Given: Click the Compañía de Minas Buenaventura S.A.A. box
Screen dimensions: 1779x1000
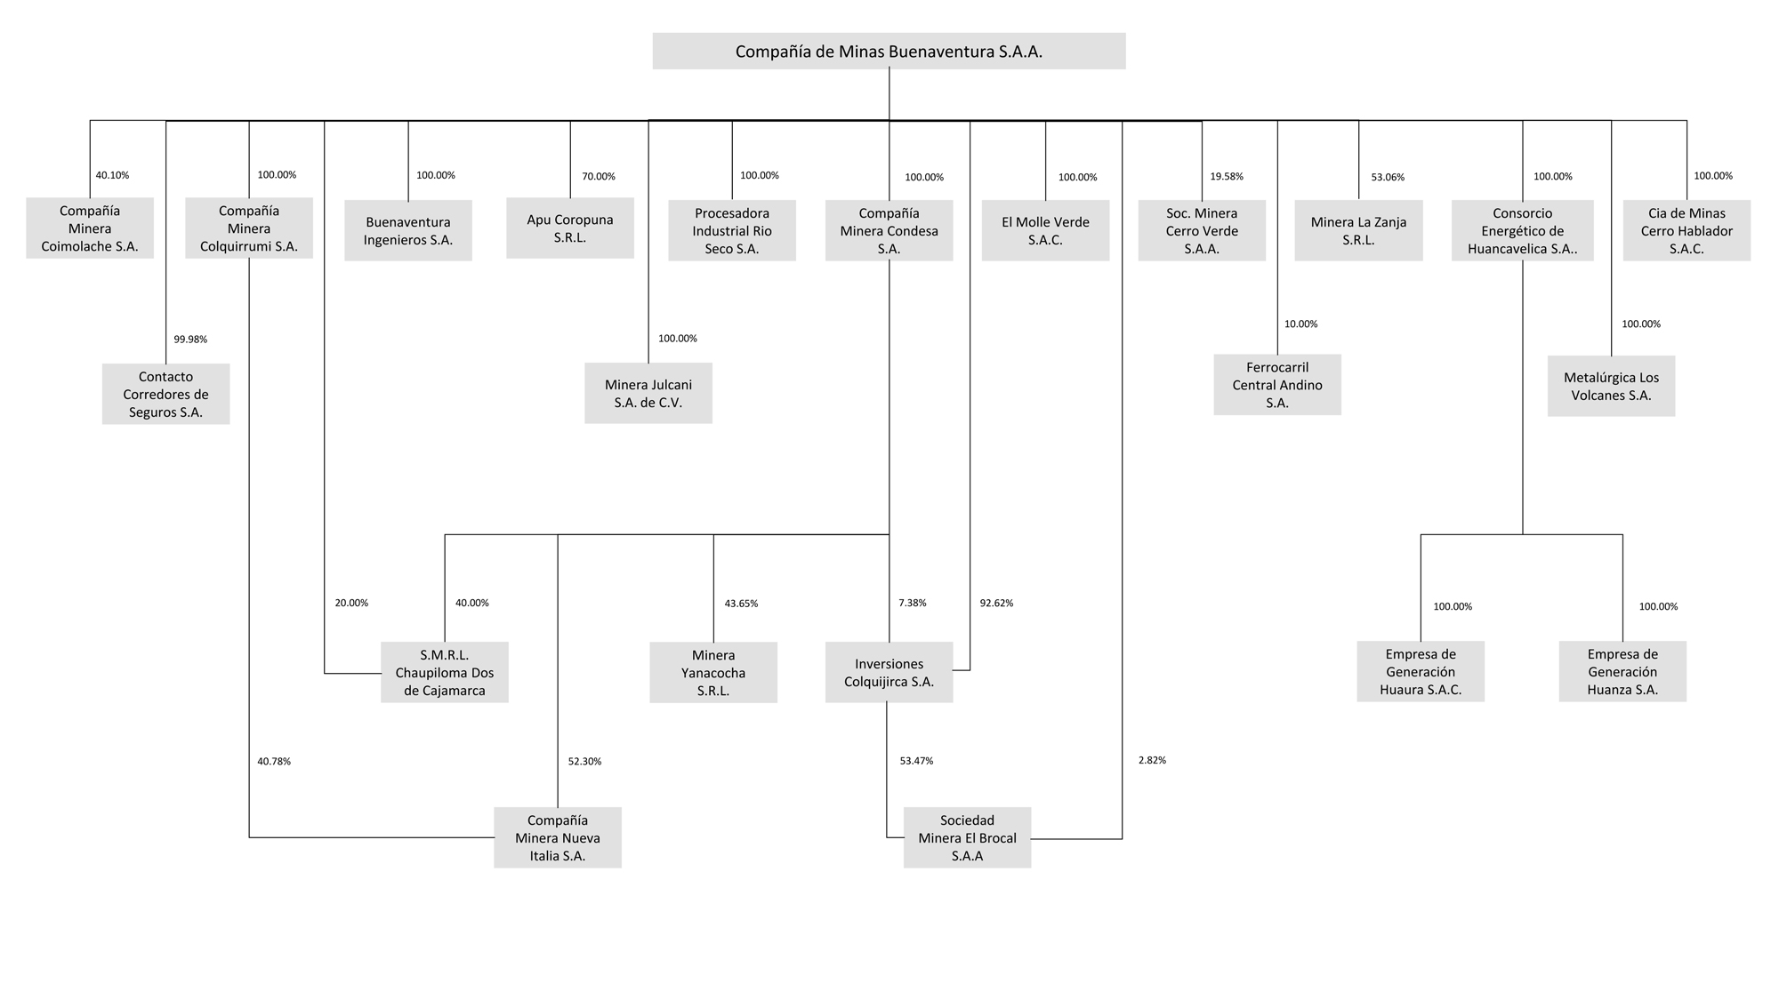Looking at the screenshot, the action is click(x=889, y=51).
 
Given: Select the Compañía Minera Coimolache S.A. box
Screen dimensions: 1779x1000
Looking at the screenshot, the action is click(x=90, y=228).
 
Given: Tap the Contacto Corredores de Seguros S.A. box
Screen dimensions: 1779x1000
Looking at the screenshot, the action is click(x=165, y=394).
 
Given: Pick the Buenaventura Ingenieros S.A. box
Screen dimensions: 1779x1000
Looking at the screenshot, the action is click(x=408, y=230).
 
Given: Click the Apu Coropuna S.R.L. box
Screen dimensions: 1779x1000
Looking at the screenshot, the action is click(x=570, y=228).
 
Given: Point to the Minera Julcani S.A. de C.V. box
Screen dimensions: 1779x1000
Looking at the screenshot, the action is click(x=648, y=393).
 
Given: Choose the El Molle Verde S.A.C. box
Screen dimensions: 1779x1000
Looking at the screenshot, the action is click(x=1045, y=230).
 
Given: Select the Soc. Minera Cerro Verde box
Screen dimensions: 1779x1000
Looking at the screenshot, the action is click(x=1202, y=230).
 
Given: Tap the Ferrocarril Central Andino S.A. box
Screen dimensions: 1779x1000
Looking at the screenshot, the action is click(x=1277, y=385).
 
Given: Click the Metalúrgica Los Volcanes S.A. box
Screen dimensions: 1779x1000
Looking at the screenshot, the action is click(x=1611, y=386).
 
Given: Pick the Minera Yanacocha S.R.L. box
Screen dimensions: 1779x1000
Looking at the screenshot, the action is click(x=713, y=673).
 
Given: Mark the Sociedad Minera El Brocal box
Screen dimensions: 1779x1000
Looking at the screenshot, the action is click(x=967, y=837).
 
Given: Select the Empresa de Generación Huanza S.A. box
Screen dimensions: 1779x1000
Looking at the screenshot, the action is click(x=1622, y=671).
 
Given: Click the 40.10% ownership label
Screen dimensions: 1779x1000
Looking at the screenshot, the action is click(x=112, y=175).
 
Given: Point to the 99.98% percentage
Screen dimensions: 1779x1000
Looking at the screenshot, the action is click(x=190, y=339).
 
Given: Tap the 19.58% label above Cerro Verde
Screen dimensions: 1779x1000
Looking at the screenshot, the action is click(x=1227, y=176).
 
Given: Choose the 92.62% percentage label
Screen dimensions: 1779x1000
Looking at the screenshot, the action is click(x=996, y=603).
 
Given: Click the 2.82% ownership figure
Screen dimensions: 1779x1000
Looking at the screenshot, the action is click(x=1152, y=760).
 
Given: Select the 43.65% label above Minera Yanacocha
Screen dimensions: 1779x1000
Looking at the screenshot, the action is click(x=741, y=604).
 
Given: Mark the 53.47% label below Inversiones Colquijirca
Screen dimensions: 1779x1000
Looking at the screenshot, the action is click(x=916, y=761).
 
